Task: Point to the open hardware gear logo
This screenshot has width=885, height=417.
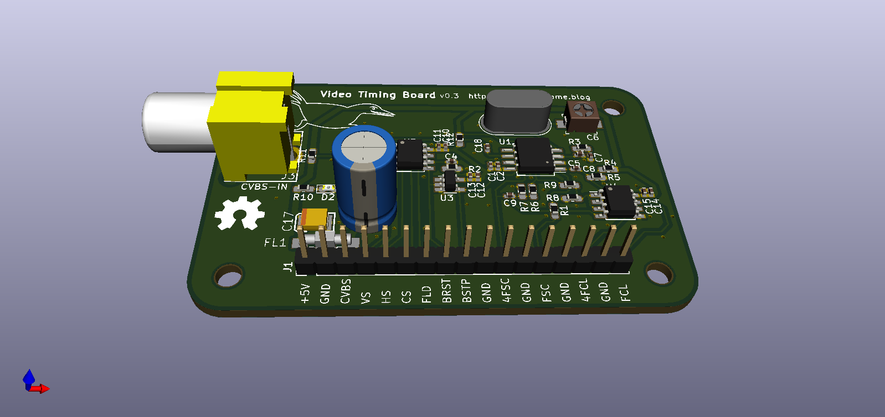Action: click(240, 213)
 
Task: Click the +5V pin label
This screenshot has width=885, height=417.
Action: click(305, 293)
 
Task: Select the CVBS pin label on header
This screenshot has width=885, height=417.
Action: click(346, 291)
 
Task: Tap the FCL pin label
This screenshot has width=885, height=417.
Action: click(625, 292)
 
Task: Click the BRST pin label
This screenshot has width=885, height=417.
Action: click(447, 291)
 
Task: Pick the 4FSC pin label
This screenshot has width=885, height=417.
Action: click(506, 290)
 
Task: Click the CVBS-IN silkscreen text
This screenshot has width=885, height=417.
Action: click(264, 187)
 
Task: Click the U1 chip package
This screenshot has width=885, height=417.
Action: click(534, 155)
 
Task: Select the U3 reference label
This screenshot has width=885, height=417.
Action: click(447, 197)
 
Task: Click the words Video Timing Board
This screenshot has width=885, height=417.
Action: click(378, 95)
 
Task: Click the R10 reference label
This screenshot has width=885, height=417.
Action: click(303, 197)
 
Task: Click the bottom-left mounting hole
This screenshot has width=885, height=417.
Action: click(228, 275)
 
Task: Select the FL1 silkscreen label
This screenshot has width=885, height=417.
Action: click(275, 242)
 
